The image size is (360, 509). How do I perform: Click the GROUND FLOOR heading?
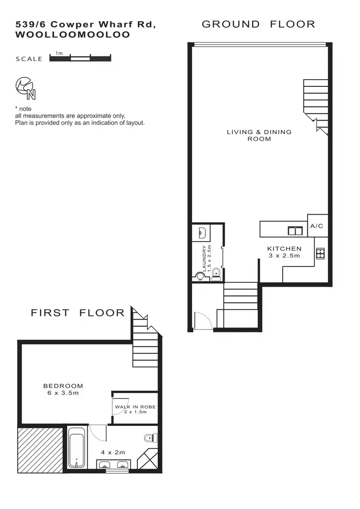coord(258,24)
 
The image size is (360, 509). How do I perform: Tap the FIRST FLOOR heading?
coord(77,313)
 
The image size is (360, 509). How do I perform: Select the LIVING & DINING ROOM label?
coord(259,135)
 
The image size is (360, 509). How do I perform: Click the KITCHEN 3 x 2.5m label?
coord(284,252)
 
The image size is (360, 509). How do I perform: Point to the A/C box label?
coord(317,226)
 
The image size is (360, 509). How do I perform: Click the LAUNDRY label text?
coord(205,259)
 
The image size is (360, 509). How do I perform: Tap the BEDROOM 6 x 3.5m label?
coord(63,389)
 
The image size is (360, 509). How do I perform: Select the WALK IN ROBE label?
coord(135,407)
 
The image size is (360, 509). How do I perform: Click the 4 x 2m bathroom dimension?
coord(113,452)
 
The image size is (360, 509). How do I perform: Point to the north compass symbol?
coord(25,87)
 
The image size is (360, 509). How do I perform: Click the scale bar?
coord(80,59)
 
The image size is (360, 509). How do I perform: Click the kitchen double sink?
coord(294,231)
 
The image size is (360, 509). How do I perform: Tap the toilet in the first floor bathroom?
coord(150,438)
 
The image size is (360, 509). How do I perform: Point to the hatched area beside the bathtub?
coord(41,449)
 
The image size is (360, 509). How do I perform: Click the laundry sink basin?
coord(202,233)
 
